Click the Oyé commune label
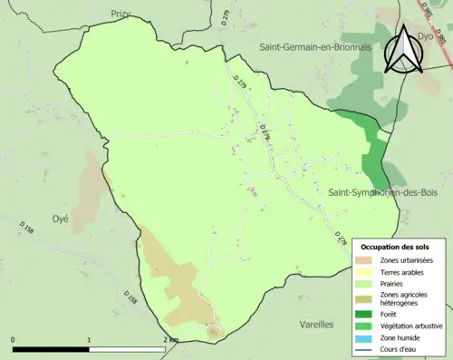tap(61, 219)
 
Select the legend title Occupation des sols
tap(395, 247)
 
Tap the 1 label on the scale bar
tap(89, 339)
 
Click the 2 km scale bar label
tap(169, 339)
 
